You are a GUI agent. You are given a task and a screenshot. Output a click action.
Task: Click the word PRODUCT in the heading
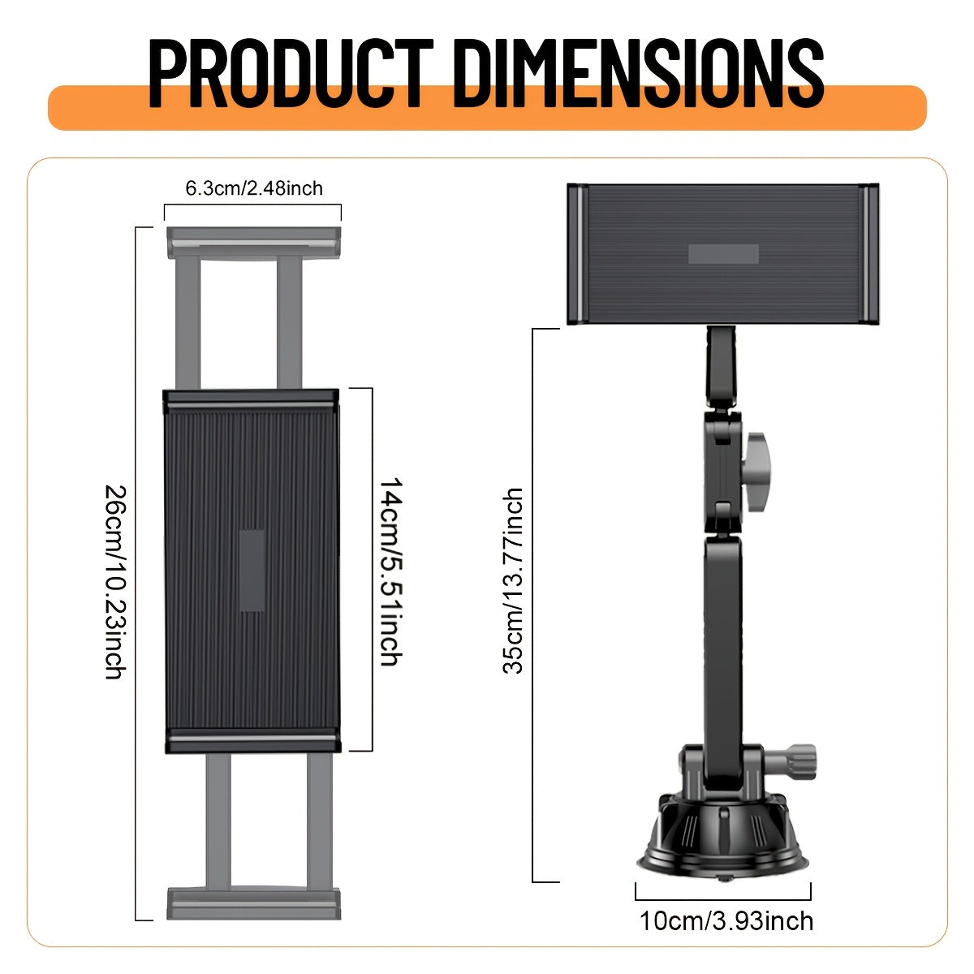(x=291, y=73)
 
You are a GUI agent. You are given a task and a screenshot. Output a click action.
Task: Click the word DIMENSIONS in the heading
(x=637, y=73)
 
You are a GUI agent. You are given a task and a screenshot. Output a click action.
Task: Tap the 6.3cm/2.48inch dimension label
(x=254, y=188)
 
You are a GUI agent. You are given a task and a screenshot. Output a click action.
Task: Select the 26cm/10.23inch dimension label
(x=115, y=581)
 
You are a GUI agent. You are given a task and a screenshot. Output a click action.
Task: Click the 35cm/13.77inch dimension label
(x=512, y=581)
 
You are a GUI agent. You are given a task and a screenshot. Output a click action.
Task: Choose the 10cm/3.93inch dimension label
(x=726, y=921)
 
